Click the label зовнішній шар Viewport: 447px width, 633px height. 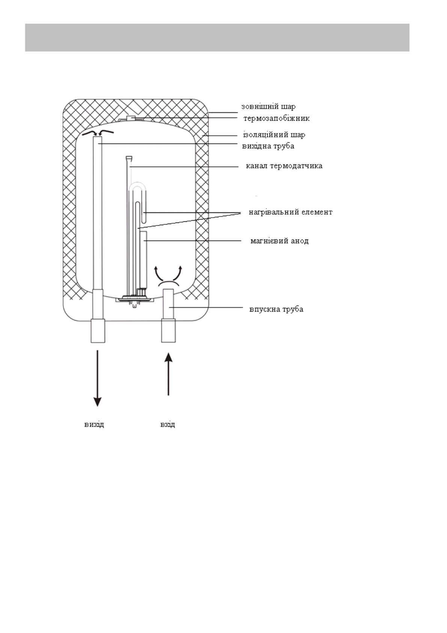[268, 106]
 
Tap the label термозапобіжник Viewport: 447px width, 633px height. [277, 118]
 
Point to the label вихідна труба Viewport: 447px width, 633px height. [268, 146]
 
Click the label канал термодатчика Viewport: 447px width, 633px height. [284, 166]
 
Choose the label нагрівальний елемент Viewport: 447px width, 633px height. [290, 212]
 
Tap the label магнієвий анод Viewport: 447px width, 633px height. [279, 241]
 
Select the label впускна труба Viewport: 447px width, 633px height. [276, 309]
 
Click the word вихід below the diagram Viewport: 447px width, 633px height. [94, 424]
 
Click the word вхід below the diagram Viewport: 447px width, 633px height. [167, 424]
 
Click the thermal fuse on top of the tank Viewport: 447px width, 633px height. [131, 118]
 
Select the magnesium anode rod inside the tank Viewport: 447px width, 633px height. [143, 259]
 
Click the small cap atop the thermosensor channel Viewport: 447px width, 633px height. [129, 157]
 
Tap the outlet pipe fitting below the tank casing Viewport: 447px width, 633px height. [98, 330]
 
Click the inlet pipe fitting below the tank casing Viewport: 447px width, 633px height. [169, 330]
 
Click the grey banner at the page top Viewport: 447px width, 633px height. [217, 38]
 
